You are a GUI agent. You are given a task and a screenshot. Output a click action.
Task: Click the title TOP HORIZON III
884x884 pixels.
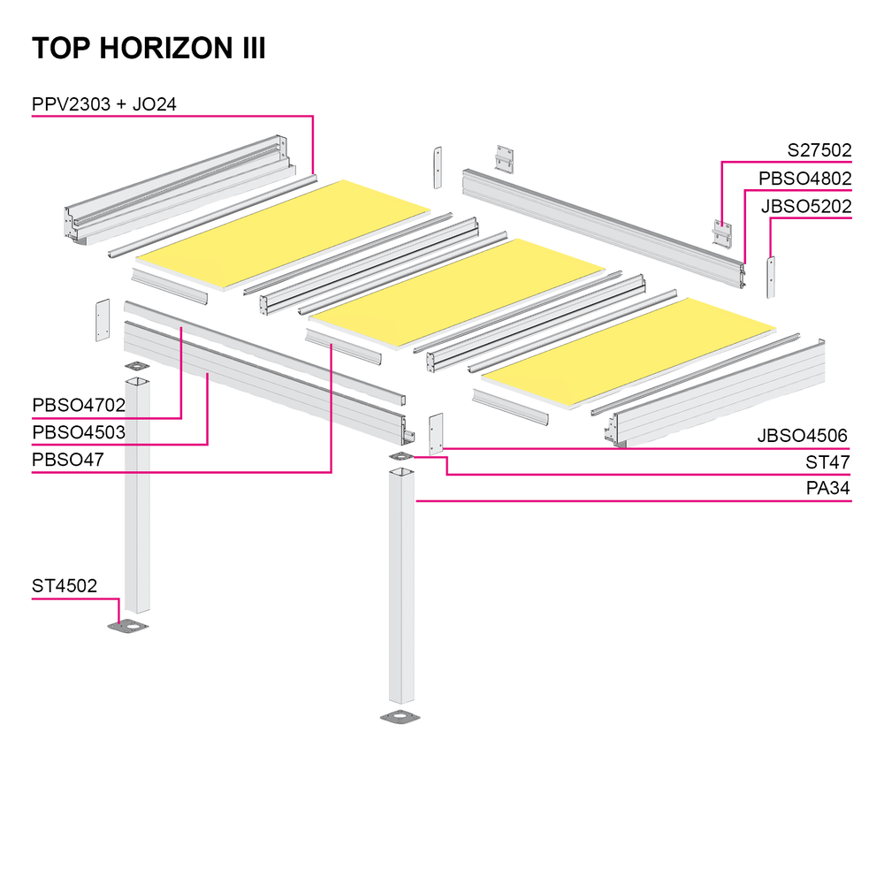tap(149, 48)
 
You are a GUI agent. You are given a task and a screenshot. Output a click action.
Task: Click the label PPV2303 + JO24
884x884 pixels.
tap(104, 104)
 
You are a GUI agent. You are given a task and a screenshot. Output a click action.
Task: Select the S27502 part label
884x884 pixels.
tap(819, 150)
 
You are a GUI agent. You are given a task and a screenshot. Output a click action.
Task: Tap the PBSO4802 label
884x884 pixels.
tap(804, 179)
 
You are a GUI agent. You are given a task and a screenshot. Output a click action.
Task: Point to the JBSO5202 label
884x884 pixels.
tap(806, 206)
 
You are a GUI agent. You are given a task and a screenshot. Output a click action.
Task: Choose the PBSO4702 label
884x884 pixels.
tap(79, 405)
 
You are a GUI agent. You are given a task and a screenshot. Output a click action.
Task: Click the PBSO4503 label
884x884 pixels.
tap(79, 432)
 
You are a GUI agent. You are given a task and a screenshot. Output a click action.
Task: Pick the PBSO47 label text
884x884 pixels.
tap(68, 460)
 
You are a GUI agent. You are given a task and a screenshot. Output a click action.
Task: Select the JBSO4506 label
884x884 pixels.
tap(803, 435)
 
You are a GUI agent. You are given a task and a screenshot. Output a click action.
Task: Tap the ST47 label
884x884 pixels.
tap(827, 462)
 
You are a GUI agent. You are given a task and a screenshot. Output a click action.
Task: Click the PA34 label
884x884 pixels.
tap(827, 488)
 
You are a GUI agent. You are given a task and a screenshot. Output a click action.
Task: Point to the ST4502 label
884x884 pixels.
tap(65, 586)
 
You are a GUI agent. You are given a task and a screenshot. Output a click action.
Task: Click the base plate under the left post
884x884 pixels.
tap(128, 626)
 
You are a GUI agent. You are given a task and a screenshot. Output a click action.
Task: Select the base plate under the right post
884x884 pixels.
tap(400, 717)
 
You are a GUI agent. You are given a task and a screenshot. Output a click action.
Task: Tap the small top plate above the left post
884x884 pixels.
tap(138, 367)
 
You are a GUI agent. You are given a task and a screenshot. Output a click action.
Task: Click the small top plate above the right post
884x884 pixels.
tap(401, 456)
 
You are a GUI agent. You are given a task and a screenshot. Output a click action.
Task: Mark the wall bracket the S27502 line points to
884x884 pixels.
tap(722, 234)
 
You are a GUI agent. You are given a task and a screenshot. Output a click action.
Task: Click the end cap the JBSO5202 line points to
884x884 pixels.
tap(771, 277)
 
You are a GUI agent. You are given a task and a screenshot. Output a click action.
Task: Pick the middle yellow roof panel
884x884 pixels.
tap(457, 293)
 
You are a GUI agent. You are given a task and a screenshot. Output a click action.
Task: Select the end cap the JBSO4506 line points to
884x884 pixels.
tap(436, 433)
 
